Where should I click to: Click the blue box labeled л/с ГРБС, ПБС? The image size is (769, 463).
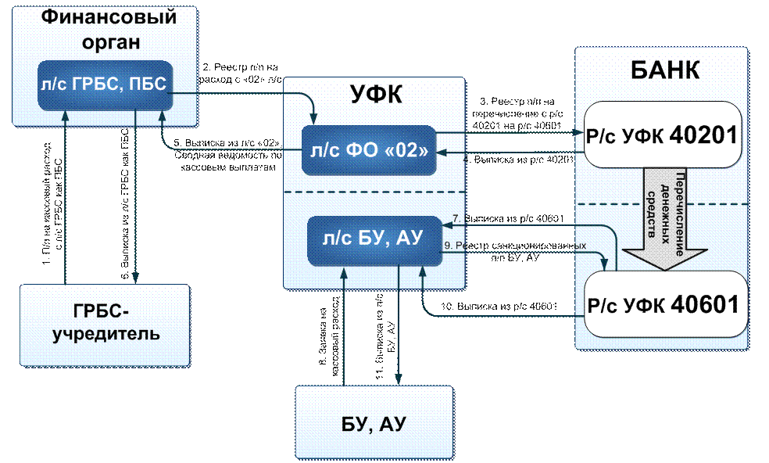tap(103, 84)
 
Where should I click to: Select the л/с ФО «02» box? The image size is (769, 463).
tap(367, 150)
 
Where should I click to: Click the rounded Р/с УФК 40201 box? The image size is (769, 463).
tap(661, 135)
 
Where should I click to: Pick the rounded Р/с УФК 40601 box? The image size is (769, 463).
tap(661, 304)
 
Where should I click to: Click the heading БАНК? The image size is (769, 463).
tap(665, 69)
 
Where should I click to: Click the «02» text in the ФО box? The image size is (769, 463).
tap(406, 150)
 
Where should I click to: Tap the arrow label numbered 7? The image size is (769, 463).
tap(508, 217)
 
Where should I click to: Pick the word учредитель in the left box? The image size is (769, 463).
tap(106, 336)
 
